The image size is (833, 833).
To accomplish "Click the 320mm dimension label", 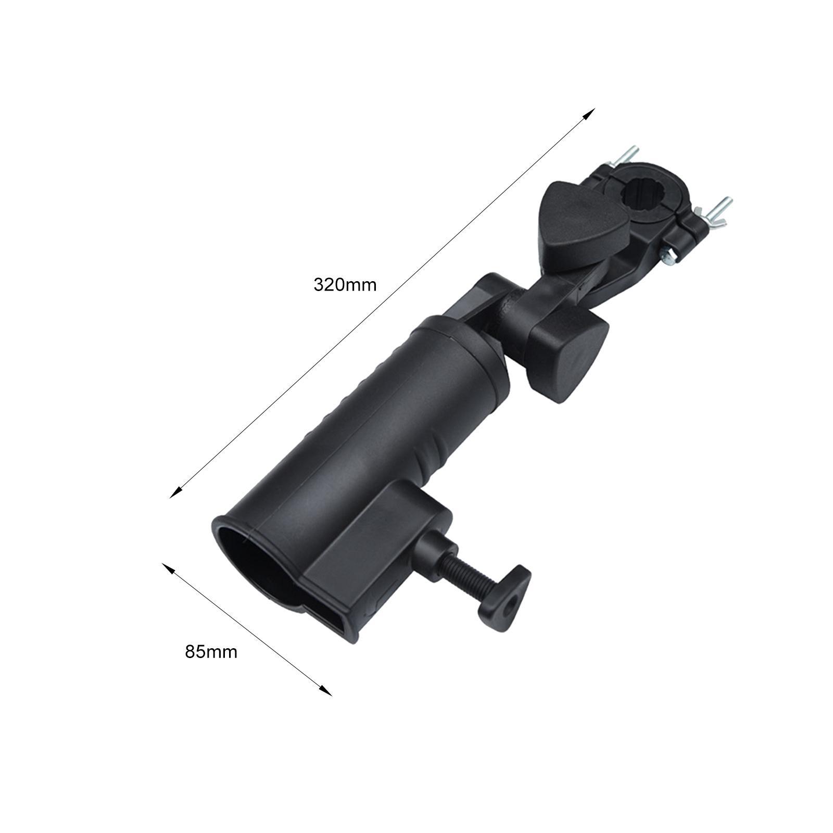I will click(345, 285).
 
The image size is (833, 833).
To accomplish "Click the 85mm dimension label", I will click(211, 652).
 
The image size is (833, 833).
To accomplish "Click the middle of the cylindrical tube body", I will click(364, 427).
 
